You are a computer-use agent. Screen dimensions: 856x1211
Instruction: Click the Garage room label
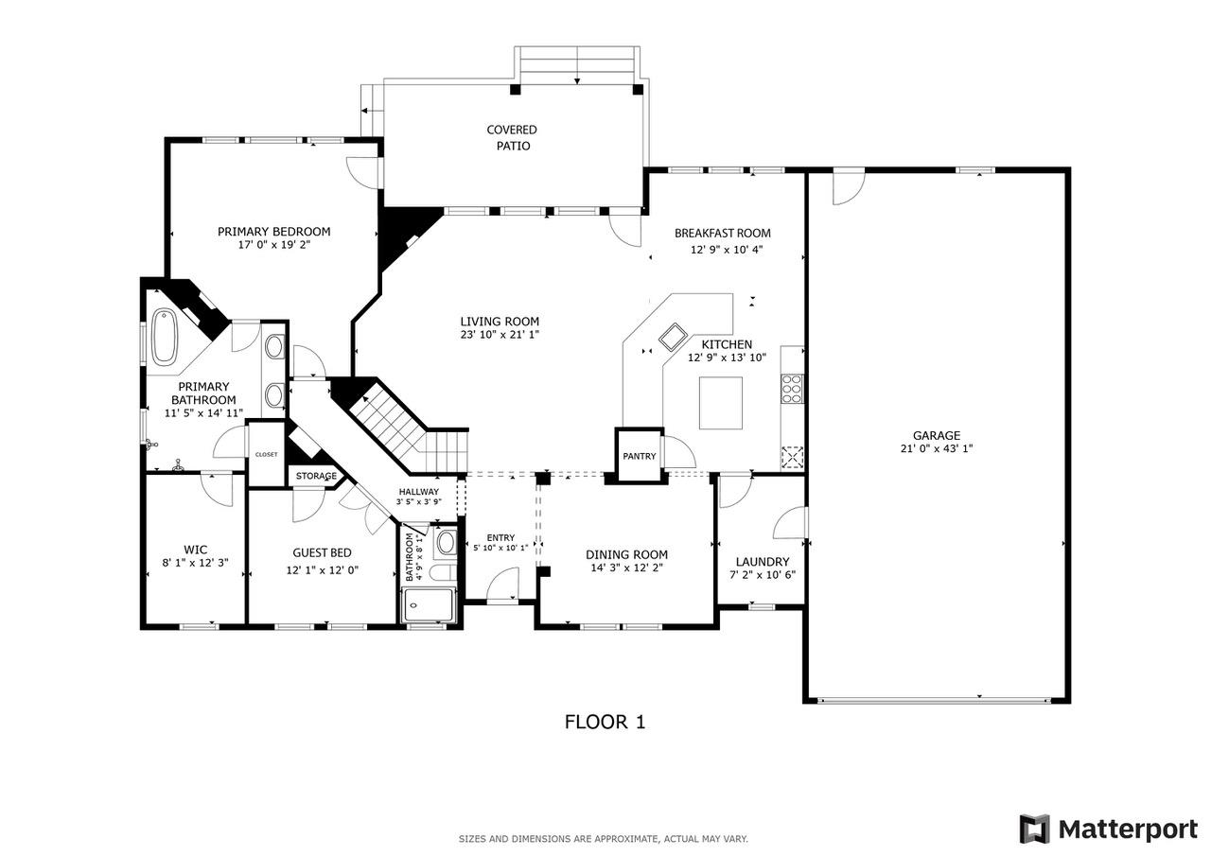937,435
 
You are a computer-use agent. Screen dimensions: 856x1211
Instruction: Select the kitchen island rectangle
721,402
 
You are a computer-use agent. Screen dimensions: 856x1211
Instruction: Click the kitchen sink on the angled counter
673,335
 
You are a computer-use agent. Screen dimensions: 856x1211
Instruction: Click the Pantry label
640,456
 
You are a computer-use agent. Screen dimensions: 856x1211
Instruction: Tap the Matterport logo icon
1034,829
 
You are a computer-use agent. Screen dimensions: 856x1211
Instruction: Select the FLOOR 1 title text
605,723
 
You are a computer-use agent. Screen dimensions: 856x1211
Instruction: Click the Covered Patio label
512,138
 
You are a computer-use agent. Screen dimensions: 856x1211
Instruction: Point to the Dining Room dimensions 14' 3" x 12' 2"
626,568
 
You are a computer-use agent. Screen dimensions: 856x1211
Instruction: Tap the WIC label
196,550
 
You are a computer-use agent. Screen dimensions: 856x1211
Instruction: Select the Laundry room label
763,561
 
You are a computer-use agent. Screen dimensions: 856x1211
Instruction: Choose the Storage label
316,476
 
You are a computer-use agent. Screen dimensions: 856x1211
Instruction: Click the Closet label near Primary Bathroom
267,454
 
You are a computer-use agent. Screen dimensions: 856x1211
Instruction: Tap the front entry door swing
504,584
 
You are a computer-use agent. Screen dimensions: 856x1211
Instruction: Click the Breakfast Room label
722,233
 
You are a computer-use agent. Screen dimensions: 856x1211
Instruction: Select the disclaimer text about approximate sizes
604,839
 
